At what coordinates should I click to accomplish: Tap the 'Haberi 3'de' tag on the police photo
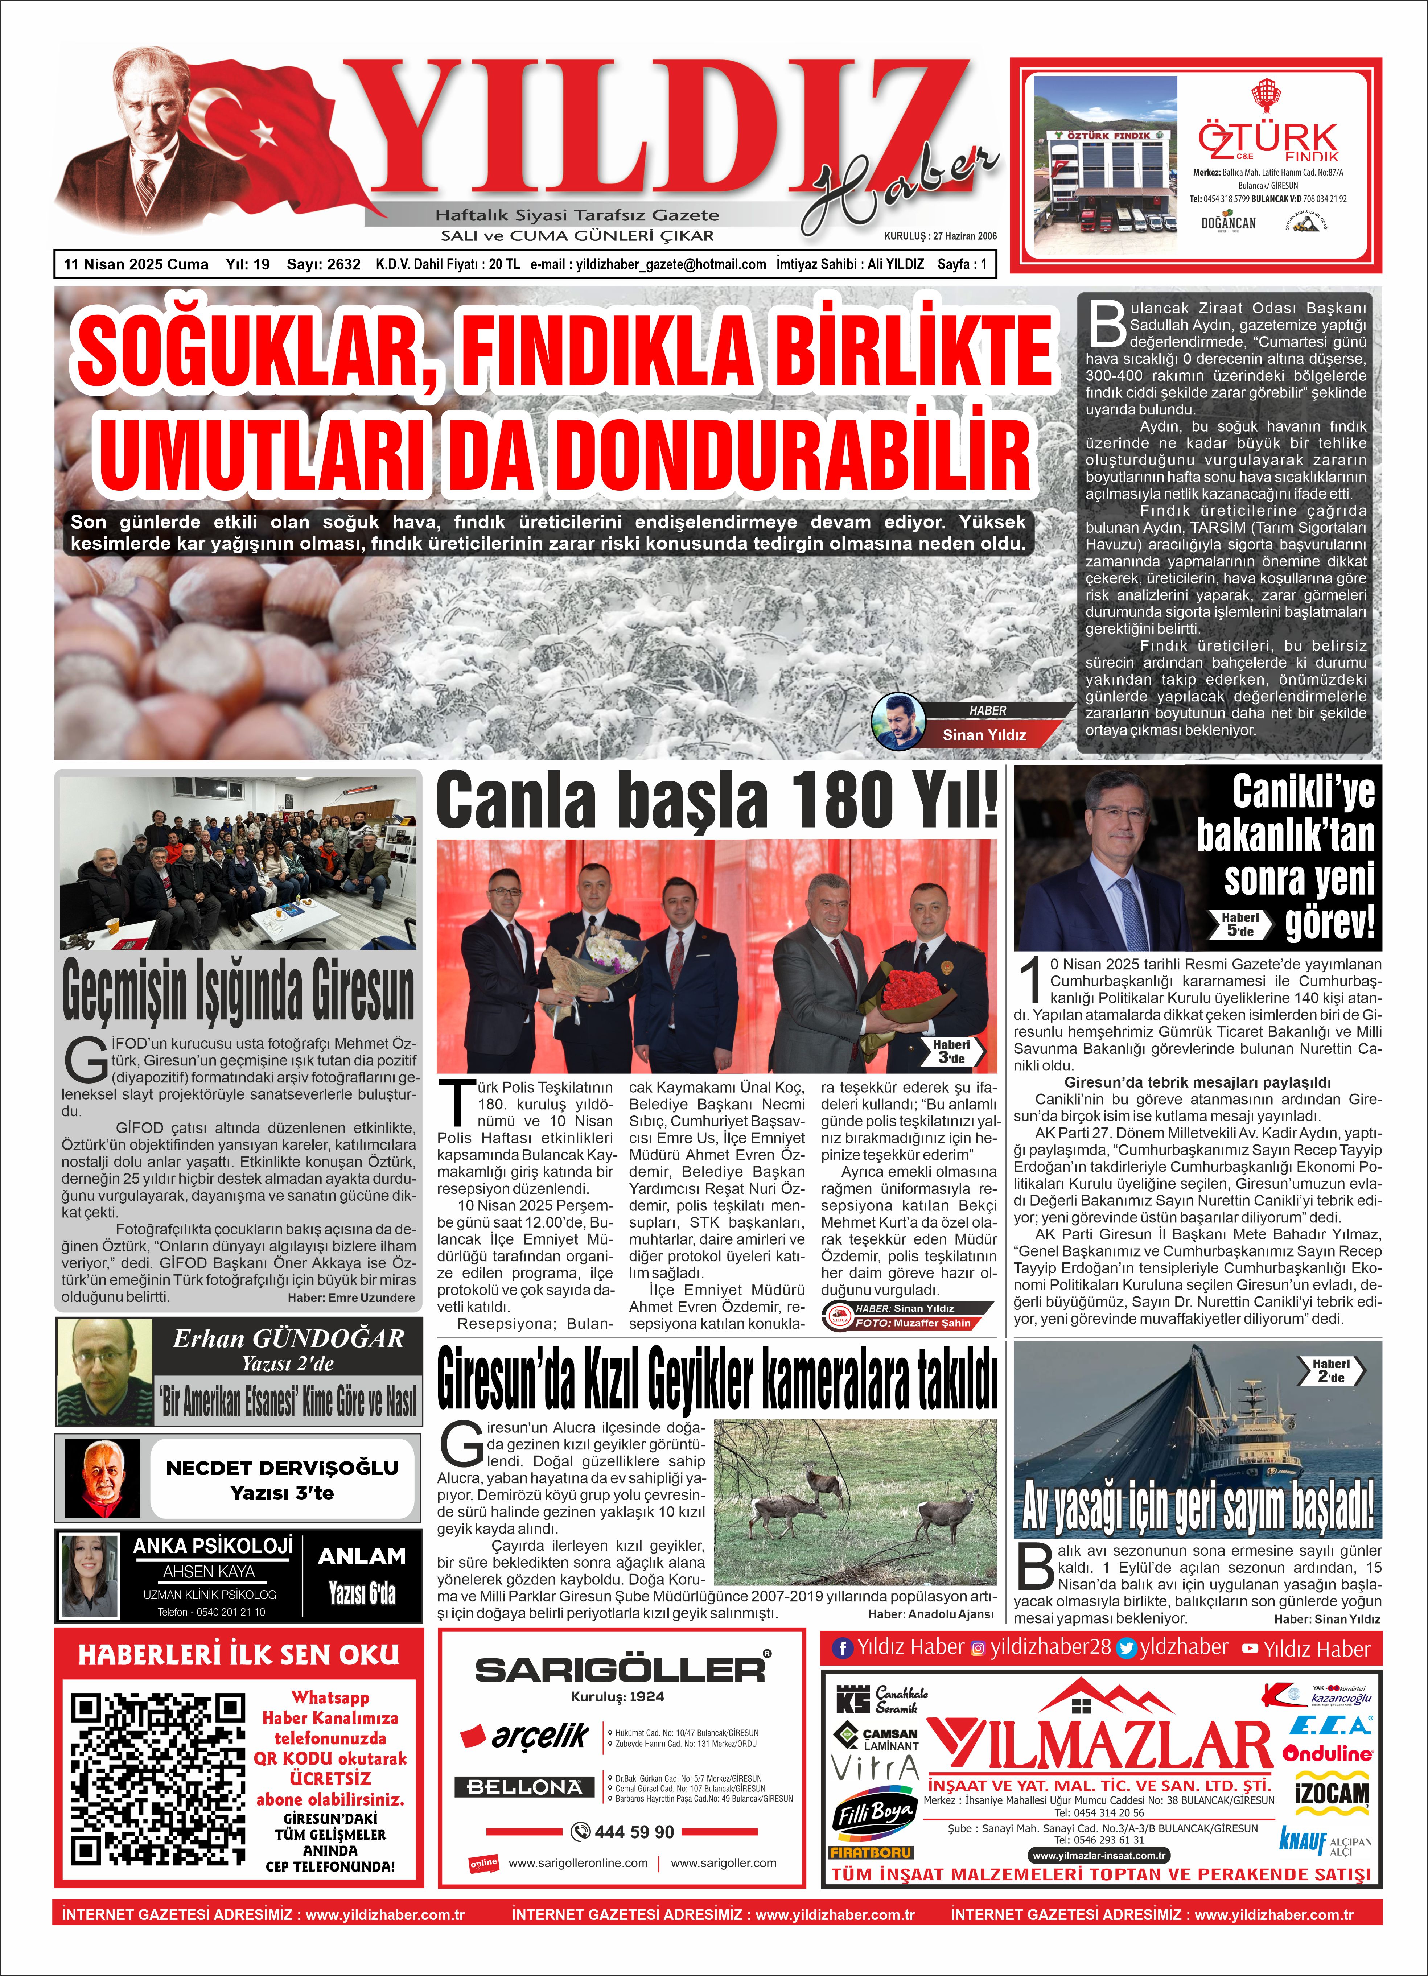tap(951, 1051)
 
